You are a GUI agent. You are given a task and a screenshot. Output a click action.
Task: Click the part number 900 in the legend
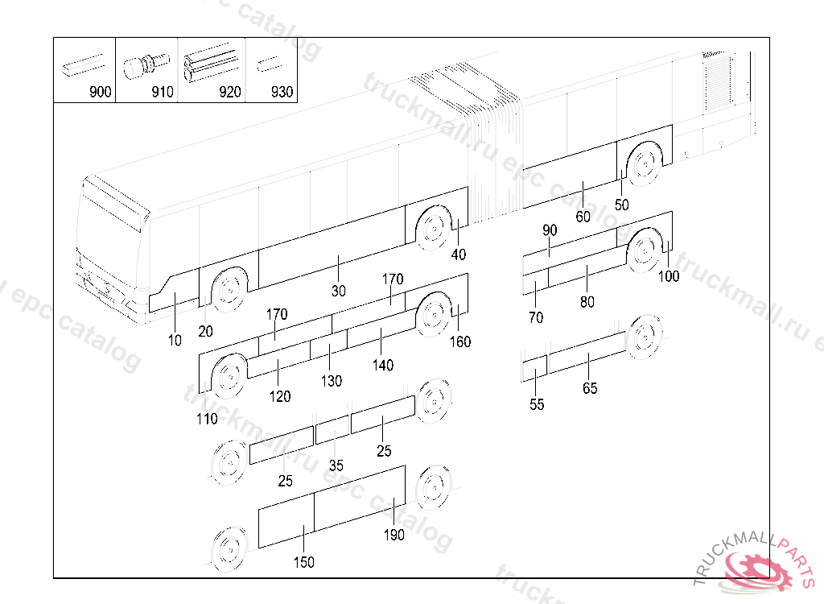pyautogui.click(x=100, y=93)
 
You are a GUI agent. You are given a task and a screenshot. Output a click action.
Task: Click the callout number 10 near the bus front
pyautogui.click(x=175, y=341)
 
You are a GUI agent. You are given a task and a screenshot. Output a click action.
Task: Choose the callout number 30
pyautogui.click(x=338, y=291)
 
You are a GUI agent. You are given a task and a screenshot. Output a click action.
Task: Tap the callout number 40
pyautogui.click(x=459, y=255)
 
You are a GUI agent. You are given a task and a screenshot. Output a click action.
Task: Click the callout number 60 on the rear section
pyautogui.click(x=583, y=217)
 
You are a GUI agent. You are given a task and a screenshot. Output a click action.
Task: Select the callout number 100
pyautogui.click(x=669, y=277)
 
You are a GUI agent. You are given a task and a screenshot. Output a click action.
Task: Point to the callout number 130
pyautogui.click(x=332, y=381)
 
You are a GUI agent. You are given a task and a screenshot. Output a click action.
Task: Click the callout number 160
pyautogui.click(x=460, y=342)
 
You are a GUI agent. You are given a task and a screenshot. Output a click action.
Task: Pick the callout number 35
pyautogui.click(x=336, y=465)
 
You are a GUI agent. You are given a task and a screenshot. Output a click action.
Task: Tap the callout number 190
pyautogui.click(x=394, y=536)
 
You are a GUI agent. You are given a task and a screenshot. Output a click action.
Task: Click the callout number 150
pyautogui.click(x=303, y=563)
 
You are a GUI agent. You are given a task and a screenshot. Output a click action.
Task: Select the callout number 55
pyautogui.click(x=537, y=405)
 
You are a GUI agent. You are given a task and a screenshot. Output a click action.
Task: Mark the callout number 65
pyautogui.click(x=590, y=388)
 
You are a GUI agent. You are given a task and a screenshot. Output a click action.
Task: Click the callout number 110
pyautogui.click(x=207, y=419)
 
